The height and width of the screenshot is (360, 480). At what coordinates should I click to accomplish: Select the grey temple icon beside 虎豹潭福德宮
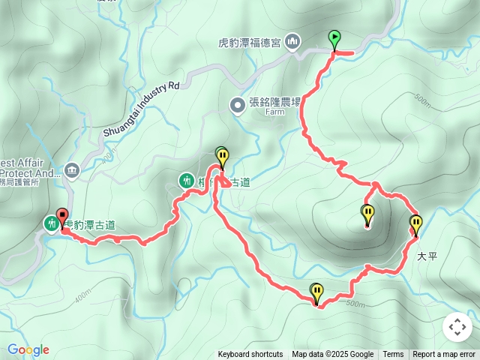coord(293,41)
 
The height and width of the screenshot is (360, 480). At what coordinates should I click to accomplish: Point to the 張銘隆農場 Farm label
coord(274,104)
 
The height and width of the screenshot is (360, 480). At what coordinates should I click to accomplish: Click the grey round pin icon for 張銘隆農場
coord(237,105)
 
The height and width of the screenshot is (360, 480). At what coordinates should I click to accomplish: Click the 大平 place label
coord(426,256)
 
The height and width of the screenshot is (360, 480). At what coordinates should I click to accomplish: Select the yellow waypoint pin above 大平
coord(415,224)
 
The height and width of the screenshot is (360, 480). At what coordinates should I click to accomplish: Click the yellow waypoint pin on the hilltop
coord(367,214)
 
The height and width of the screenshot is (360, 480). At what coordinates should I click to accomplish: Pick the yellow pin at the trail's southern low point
coord(316,292)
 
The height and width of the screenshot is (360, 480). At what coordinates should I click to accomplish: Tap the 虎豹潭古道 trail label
coord(90,223)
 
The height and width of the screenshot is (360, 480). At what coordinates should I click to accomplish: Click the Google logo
coord(28,349)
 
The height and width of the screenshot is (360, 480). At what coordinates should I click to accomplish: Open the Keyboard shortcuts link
coord(250,355)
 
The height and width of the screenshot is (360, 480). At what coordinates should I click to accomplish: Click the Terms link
coord(393,355)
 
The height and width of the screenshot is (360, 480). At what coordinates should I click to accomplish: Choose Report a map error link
coord(444,355)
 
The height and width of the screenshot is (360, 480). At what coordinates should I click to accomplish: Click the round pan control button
coord(457,327)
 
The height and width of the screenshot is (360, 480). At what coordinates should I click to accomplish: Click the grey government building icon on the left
coord(71,169)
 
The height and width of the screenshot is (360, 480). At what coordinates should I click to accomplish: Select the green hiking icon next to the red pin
coord(51,223)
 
